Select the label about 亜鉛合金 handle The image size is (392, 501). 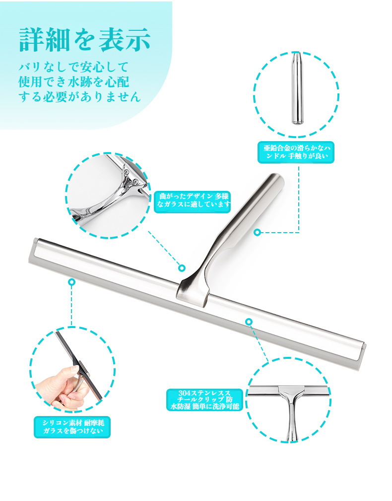296,153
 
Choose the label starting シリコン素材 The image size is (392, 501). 72,427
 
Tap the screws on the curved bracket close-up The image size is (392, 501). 130,177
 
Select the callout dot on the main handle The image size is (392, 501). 257,232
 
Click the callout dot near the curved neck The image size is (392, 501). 182,267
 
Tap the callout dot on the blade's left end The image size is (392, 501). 71,282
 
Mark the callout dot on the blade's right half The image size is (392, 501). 249,322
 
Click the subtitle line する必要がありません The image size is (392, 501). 79,96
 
